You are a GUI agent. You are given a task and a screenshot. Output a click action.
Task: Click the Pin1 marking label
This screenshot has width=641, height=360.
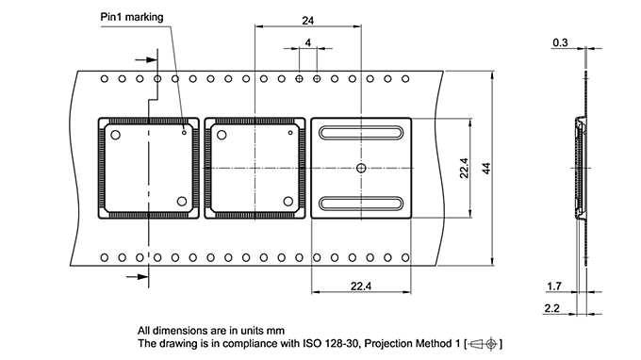pos(131,17)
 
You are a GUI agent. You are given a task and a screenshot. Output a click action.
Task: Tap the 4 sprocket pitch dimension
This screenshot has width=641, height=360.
pos(308,43)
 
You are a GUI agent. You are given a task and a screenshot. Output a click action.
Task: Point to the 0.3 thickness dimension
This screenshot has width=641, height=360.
pos(560,42)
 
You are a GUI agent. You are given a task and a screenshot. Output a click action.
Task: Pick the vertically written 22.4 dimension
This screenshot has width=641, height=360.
pos(463,168)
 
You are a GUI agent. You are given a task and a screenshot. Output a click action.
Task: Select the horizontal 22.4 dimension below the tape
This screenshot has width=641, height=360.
pos(360,286)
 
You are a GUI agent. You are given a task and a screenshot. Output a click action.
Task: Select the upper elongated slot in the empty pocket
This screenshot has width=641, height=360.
pos(361,134)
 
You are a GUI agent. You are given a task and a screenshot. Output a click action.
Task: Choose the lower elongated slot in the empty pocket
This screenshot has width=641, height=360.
pos(361,203)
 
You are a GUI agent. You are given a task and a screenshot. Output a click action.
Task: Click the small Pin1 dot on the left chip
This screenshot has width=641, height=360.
pos(184,133)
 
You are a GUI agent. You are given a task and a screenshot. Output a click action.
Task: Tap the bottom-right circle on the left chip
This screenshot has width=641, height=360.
pos(182,201)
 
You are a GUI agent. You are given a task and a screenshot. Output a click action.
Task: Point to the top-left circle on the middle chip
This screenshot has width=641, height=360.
pos(222,135)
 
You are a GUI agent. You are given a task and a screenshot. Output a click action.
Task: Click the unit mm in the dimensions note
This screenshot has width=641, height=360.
pos(274,330)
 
